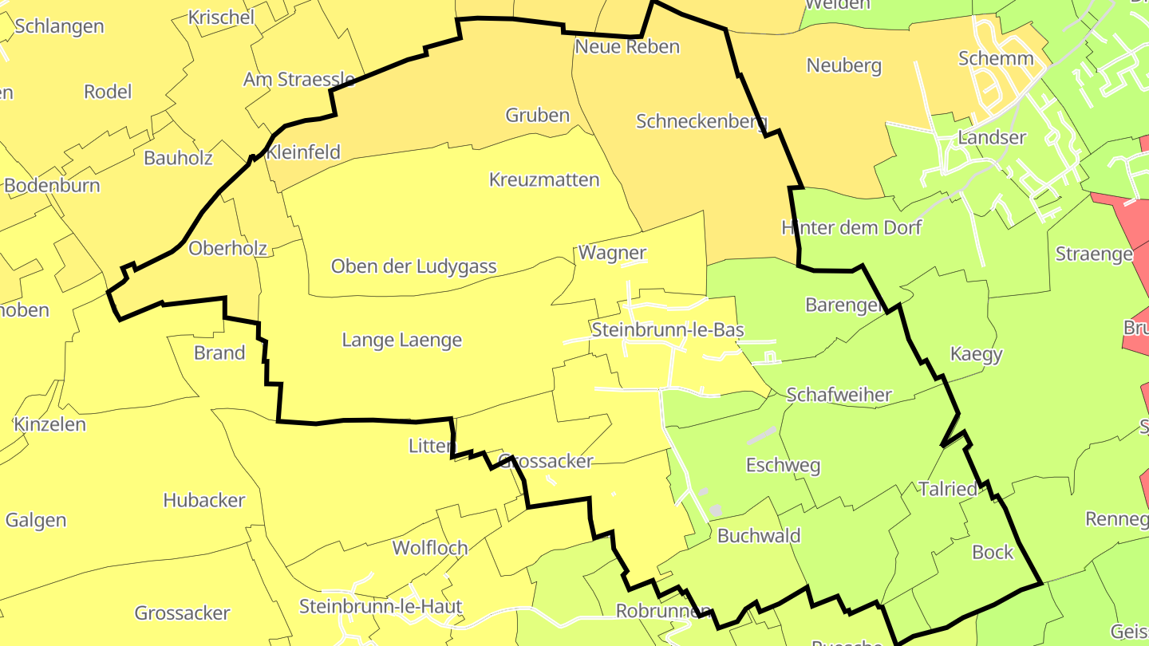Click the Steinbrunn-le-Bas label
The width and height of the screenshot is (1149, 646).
667,329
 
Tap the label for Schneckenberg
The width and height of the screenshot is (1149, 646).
701,122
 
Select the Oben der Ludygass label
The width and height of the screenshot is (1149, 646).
413,266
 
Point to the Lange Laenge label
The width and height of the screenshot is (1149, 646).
401,341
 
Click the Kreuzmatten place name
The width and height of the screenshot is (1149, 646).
543,179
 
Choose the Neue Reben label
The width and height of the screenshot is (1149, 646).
627,46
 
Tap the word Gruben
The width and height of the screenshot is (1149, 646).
537,115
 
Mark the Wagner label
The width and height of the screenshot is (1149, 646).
612,253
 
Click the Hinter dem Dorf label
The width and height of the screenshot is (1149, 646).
851,228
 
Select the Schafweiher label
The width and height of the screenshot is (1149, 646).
839,395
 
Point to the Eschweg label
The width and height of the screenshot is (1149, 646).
783,465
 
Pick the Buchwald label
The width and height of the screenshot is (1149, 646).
759,535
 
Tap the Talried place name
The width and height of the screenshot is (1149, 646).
947,489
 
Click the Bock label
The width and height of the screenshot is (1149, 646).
993,552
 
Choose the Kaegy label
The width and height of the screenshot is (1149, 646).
976,354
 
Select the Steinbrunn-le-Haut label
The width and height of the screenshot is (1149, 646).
381,606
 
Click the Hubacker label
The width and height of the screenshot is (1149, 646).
203,500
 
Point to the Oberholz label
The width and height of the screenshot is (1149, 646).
227,249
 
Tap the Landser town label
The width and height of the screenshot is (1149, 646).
991,137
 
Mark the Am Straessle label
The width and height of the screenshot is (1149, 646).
299,79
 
